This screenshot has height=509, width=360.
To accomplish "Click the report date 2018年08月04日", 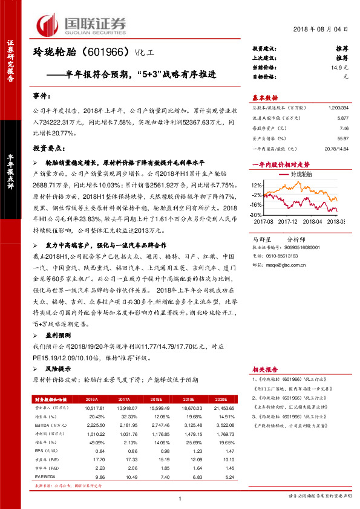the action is point(324,28).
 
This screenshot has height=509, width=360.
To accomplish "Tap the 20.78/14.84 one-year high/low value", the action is point(336,149).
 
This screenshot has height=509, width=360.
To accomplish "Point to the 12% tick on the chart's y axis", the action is point(257,186).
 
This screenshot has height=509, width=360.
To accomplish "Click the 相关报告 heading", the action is point(264,369).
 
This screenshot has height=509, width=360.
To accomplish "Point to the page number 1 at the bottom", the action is point(180,498).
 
